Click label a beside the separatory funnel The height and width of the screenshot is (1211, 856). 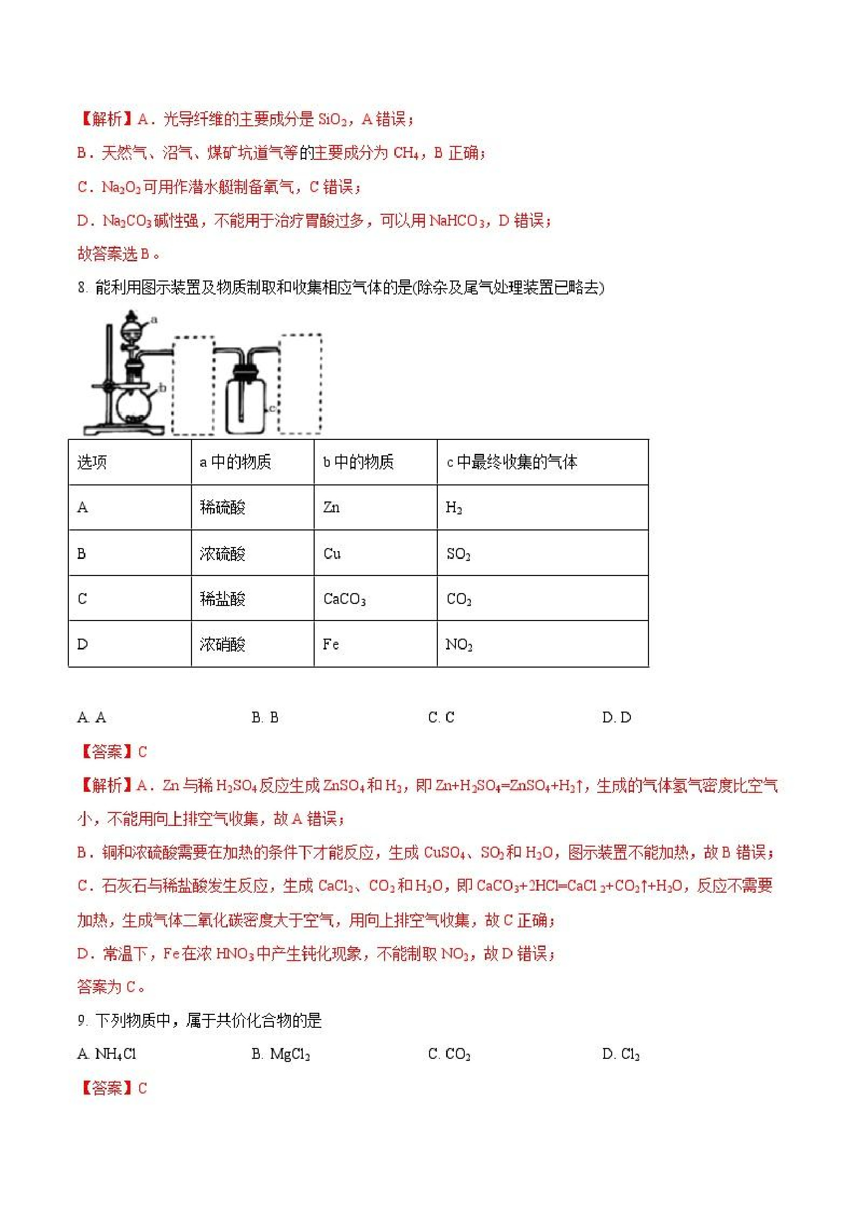(x=154, y=319)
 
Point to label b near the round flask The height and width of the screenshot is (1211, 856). (x=163, y=388)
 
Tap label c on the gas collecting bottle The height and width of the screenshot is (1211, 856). (x=272, y=407)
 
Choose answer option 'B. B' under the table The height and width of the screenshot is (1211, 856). (x=265, y=717)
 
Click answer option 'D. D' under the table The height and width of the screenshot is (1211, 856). (x=616, y=717)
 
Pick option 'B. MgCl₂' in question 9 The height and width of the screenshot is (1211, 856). (x=281, y=1054)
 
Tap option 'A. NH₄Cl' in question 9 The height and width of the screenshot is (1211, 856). (x=107, y=1054)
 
